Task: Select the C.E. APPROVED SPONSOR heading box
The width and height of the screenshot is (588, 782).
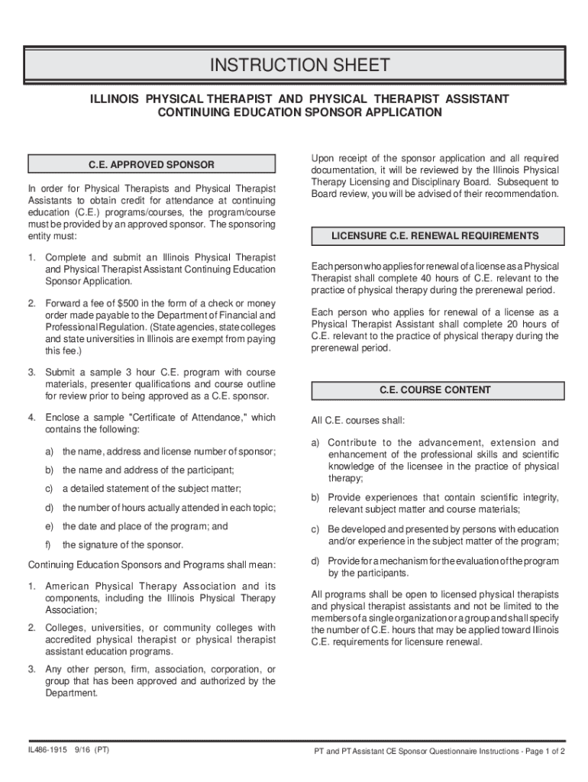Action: click(151, 164)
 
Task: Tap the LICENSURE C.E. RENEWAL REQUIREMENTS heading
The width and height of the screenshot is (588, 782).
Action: click(435, 236)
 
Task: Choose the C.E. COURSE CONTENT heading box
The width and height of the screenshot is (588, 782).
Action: click(435, 390)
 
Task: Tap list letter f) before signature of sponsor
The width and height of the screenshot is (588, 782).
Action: click(49, 545)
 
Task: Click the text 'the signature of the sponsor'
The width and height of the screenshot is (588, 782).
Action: click(123, 545)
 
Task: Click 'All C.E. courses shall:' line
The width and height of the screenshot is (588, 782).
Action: click(358, 421)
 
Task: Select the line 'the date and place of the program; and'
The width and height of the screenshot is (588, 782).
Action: click(145, 526)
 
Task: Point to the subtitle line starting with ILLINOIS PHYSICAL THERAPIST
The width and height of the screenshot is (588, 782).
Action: click(299, 100)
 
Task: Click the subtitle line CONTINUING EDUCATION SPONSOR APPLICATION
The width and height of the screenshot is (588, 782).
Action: click(299, 113)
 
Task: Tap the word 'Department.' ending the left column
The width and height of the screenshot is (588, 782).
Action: click(72, 693)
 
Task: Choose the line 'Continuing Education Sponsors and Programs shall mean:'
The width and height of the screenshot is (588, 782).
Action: click(151, 565)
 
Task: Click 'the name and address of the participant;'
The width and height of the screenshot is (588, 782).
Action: click(148, 470)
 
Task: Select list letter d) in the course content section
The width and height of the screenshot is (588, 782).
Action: click(315, 561)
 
